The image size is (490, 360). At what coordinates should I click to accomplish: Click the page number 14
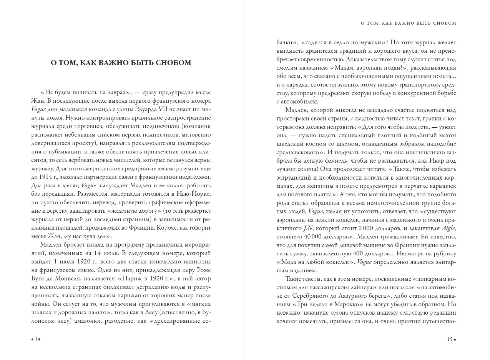(38, 339)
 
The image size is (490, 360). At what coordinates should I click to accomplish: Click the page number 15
(449, 339)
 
